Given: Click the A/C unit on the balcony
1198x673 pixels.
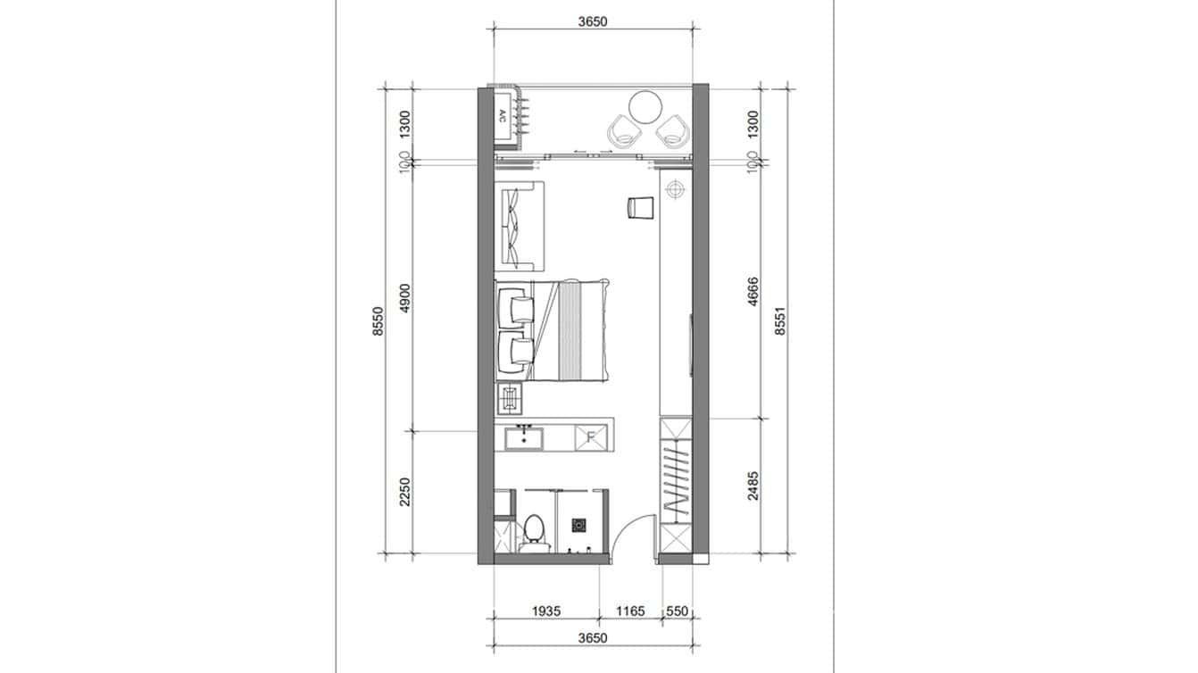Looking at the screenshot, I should [502, 115].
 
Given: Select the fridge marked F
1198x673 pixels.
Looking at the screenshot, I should [590, 437].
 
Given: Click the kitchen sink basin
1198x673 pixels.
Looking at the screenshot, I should [523, 437].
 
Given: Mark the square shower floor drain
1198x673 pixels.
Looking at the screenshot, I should [578, 527].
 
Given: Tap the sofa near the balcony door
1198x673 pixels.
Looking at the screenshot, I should [517, 225].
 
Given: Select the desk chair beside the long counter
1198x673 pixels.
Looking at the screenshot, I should [640, 207].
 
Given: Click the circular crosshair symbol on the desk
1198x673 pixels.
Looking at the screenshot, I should [675, 188].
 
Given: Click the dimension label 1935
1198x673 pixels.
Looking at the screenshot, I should [546, 611].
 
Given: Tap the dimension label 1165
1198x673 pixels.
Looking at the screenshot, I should [630, 611].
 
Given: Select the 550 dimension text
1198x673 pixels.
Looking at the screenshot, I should [678, 611].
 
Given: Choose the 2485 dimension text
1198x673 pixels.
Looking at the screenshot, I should [753, 486].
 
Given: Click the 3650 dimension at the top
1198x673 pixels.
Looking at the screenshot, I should [592, 22].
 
